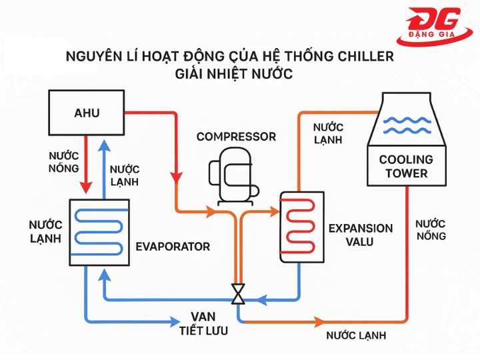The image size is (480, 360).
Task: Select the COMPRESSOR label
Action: coord(236,137)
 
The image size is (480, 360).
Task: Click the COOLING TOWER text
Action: coord(406,167)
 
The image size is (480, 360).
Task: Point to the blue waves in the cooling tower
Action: coord(406,125)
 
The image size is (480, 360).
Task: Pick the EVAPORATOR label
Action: coord(173,247)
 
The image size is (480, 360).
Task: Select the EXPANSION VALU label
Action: coord(360,235)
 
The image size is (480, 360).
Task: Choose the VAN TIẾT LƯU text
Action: coord(203,323)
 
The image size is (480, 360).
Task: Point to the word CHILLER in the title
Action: coord(361,56)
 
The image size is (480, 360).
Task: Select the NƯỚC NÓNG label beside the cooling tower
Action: coord(430,230)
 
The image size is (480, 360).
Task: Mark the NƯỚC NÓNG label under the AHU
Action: coord(64,161)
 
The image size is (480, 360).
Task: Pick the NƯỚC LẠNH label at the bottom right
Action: coord(356,335)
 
